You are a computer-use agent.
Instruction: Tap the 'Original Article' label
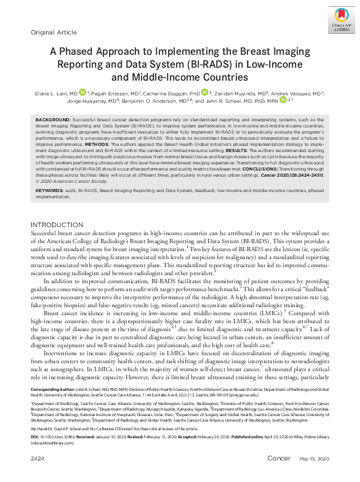(54, 32)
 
